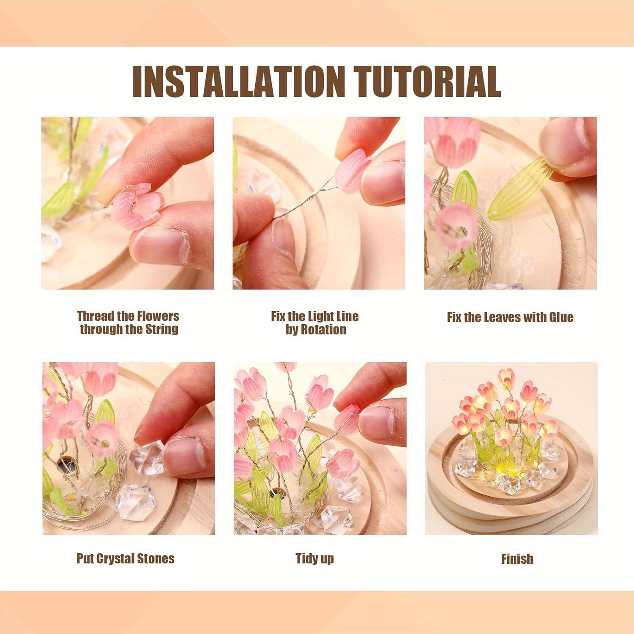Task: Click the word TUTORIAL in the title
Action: (x=427, y=82)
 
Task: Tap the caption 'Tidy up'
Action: (x=315, y=559)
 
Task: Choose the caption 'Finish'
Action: (x=517, y=559)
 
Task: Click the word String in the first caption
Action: (x=161, y=329)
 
